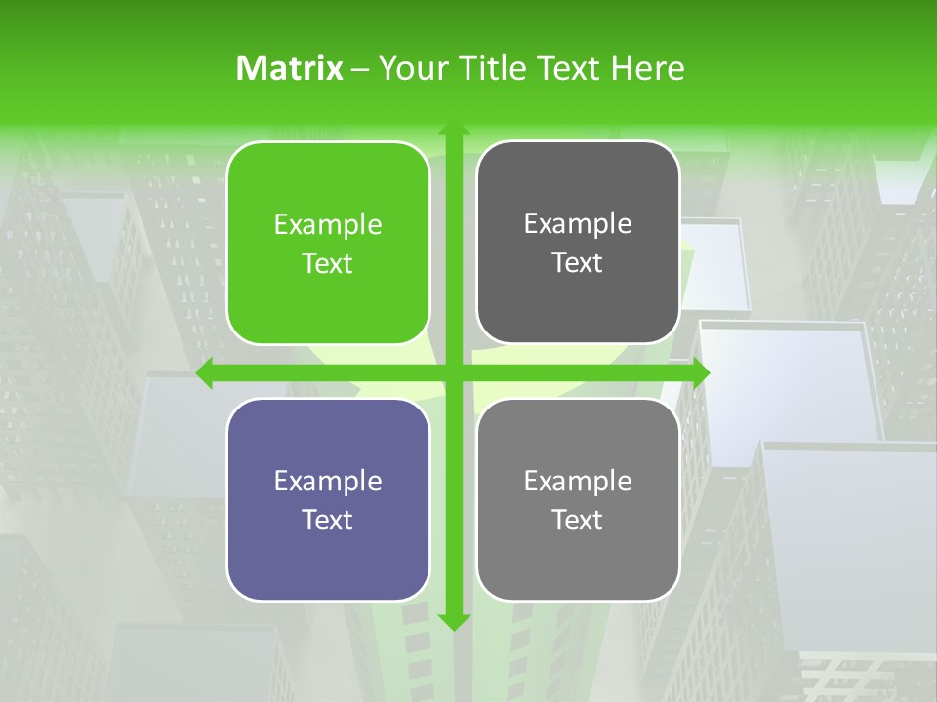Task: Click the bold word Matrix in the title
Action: click(289, 68)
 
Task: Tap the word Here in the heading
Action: click(647, 68)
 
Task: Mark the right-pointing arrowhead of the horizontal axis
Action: click(700, 373)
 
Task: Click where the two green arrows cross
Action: click(453, 373)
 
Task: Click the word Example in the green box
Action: click(328, 225)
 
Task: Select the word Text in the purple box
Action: click(328, 520)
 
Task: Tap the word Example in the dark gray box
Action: click(578, 224)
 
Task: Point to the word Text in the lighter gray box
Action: click(578, 520)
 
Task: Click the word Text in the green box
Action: click(328, 264)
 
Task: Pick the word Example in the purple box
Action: click(328, 481)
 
